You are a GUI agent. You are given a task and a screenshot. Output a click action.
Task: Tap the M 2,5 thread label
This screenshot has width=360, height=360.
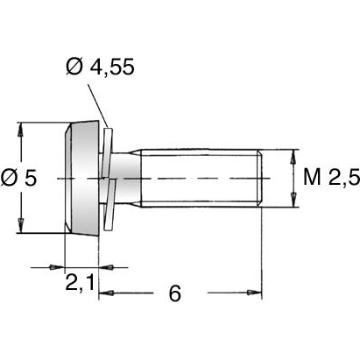[331, 179]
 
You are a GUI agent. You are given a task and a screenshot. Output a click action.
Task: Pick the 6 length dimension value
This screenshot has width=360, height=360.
[174, 293]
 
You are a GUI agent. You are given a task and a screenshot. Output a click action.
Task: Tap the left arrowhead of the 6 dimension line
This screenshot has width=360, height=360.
[103, 292]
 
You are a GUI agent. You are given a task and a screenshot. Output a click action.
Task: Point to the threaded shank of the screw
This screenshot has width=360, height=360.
[201, 179]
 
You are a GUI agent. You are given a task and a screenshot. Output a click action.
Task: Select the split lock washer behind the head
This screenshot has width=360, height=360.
[109, 179]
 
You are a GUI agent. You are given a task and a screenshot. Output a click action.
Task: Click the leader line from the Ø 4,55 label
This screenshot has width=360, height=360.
[102, 103]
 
